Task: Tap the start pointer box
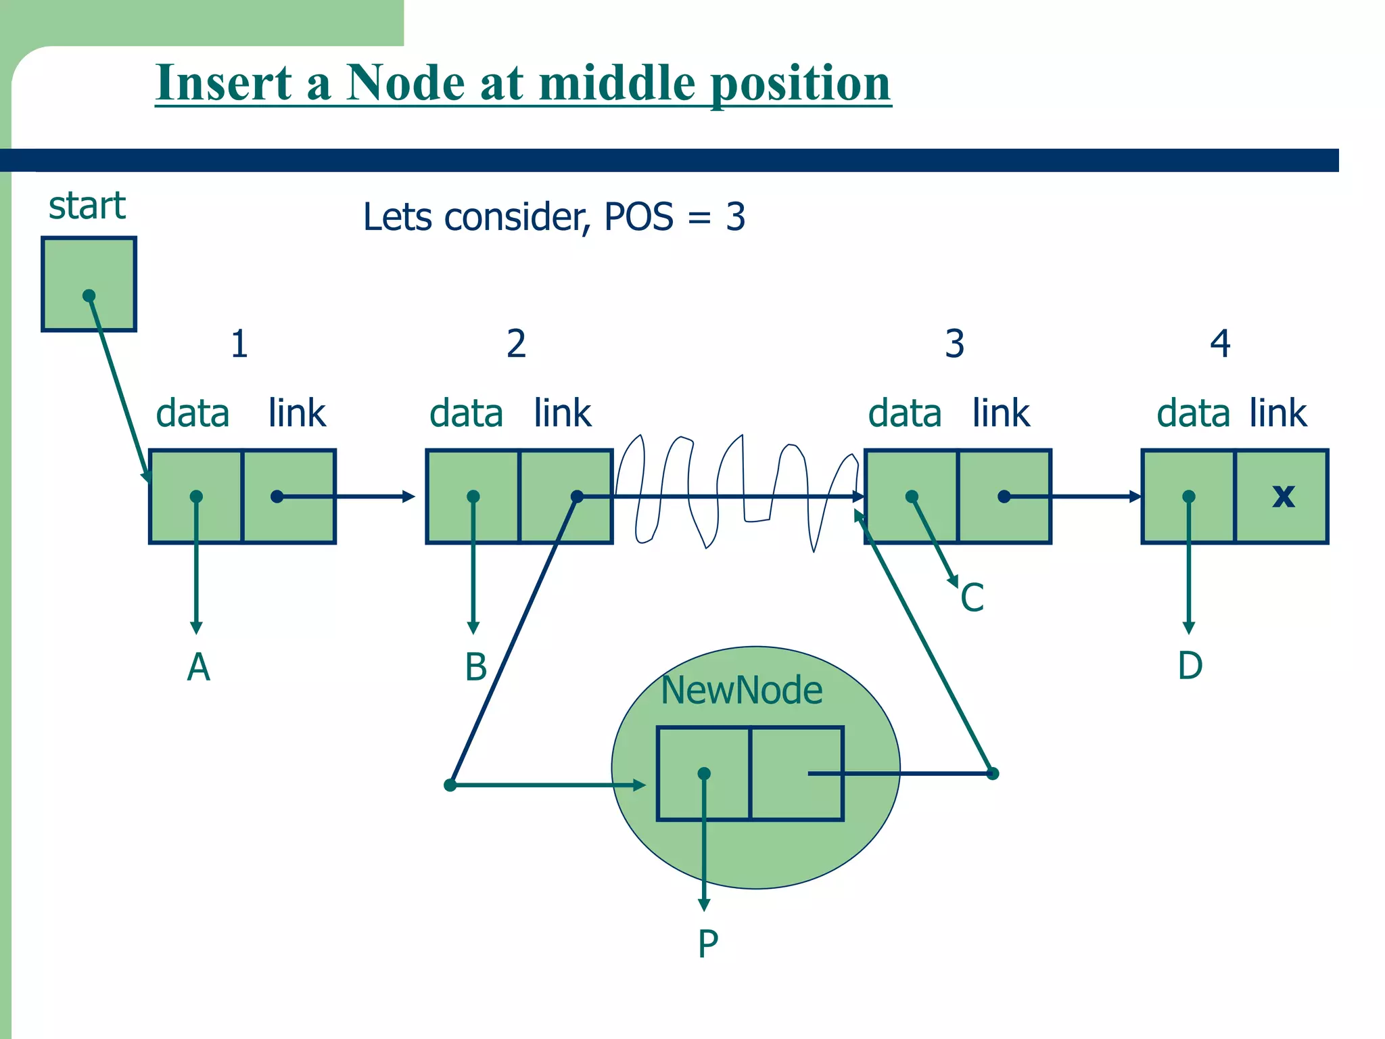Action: (x=89, y=284)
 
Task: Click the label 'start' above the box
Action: (x=87, y=206)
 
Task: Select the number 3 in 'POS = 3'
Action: (x=735, y=218)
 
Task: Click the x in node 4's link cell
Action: (x=1283, y=496)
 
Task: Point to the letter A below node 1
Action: (x=198, y=668)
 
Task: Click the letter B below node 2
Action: (x=475, y=667)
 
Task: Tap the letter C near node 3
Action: (x=972, y=598)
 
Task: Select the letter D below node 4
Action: (x=1190, y=666)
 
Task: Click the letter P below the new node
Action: (x=707, y=944)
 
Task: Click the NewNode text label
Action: (x=741, y=691)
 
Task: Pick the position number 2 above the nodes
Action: (x=516, y=344)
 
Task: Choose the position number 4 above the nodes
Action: (x=1220, y=344)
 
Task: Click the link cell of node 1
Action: (x=289, y=496)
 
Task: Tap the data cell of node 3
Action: (x=911, y=496)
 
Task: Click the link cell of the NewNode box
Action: (x=797, y=773)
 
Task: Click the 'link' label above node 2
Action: (x=562, y=413)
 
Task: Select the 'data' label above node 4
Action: (x=1193, y=413)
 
